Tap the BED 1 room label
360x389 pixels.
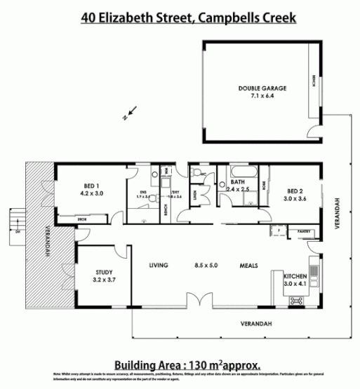(x=92, y=186)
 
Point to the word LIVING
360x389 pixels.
(x=161, y=266)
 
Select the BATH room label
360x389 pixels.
(x=237, y=182)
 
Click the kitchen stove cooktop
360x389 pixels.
(x=298, y=300)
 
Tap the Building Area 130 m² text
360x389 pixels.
(x=187, y=364)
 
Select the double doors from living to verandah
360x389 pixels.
(x=199, y=303)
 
